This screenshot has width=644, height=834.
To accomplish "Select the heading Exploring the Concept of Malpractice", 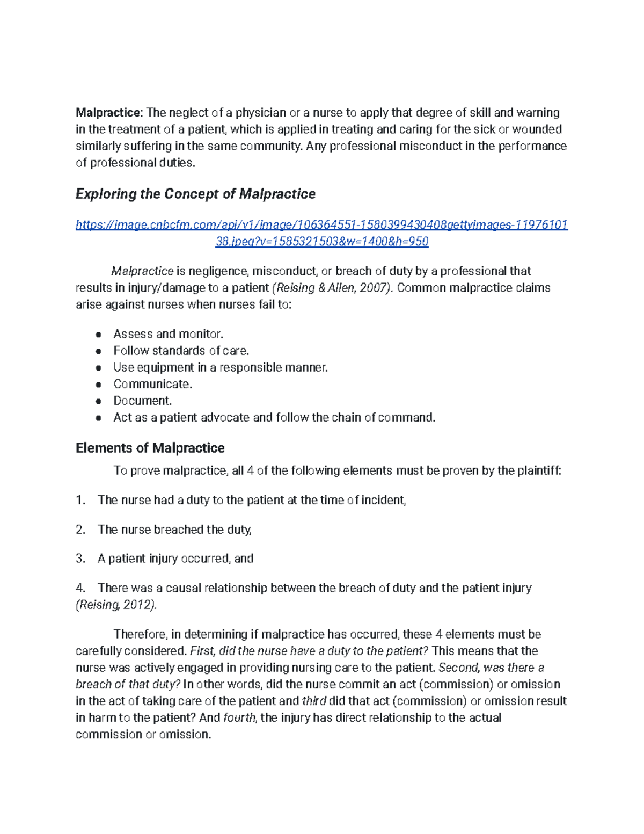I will pyautogui.click(x=195, y=194).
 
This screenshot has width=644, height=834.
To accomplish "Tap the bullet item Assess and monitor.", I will pyautogui.click(x=168, y=334).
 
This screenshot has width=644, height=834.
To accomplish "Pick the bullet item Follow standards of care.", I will pyautogui.click(x=181, y=351).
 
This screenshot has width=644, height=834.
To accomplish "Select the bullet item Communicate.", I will pyautogui.click(x=152, y=384).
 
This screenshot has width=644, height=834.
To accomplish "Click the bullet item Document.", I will pyautogui.click(x=142, y=401).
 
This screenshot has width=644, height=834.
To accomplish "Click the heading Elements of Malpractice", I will pyautogui.click(x=150, y=448).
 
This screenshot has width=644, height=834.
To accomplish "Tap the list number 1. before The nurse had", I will pyautogui.click(x=80, y=500).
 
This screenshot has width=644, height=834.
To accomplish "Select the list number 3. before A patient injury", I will pyautogui.click(x=80, y=559).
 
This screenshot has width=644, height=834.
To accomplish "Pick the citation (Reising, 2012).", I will pyautogui.click(x=117, y=605).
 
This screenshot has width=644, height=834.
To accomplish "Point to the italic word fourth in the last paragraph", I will pyautogui.click(x=240, y=717).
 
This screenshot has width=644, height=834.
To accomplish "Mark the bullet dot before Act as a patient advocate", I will pyautogui.click(x=98, y=418).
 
